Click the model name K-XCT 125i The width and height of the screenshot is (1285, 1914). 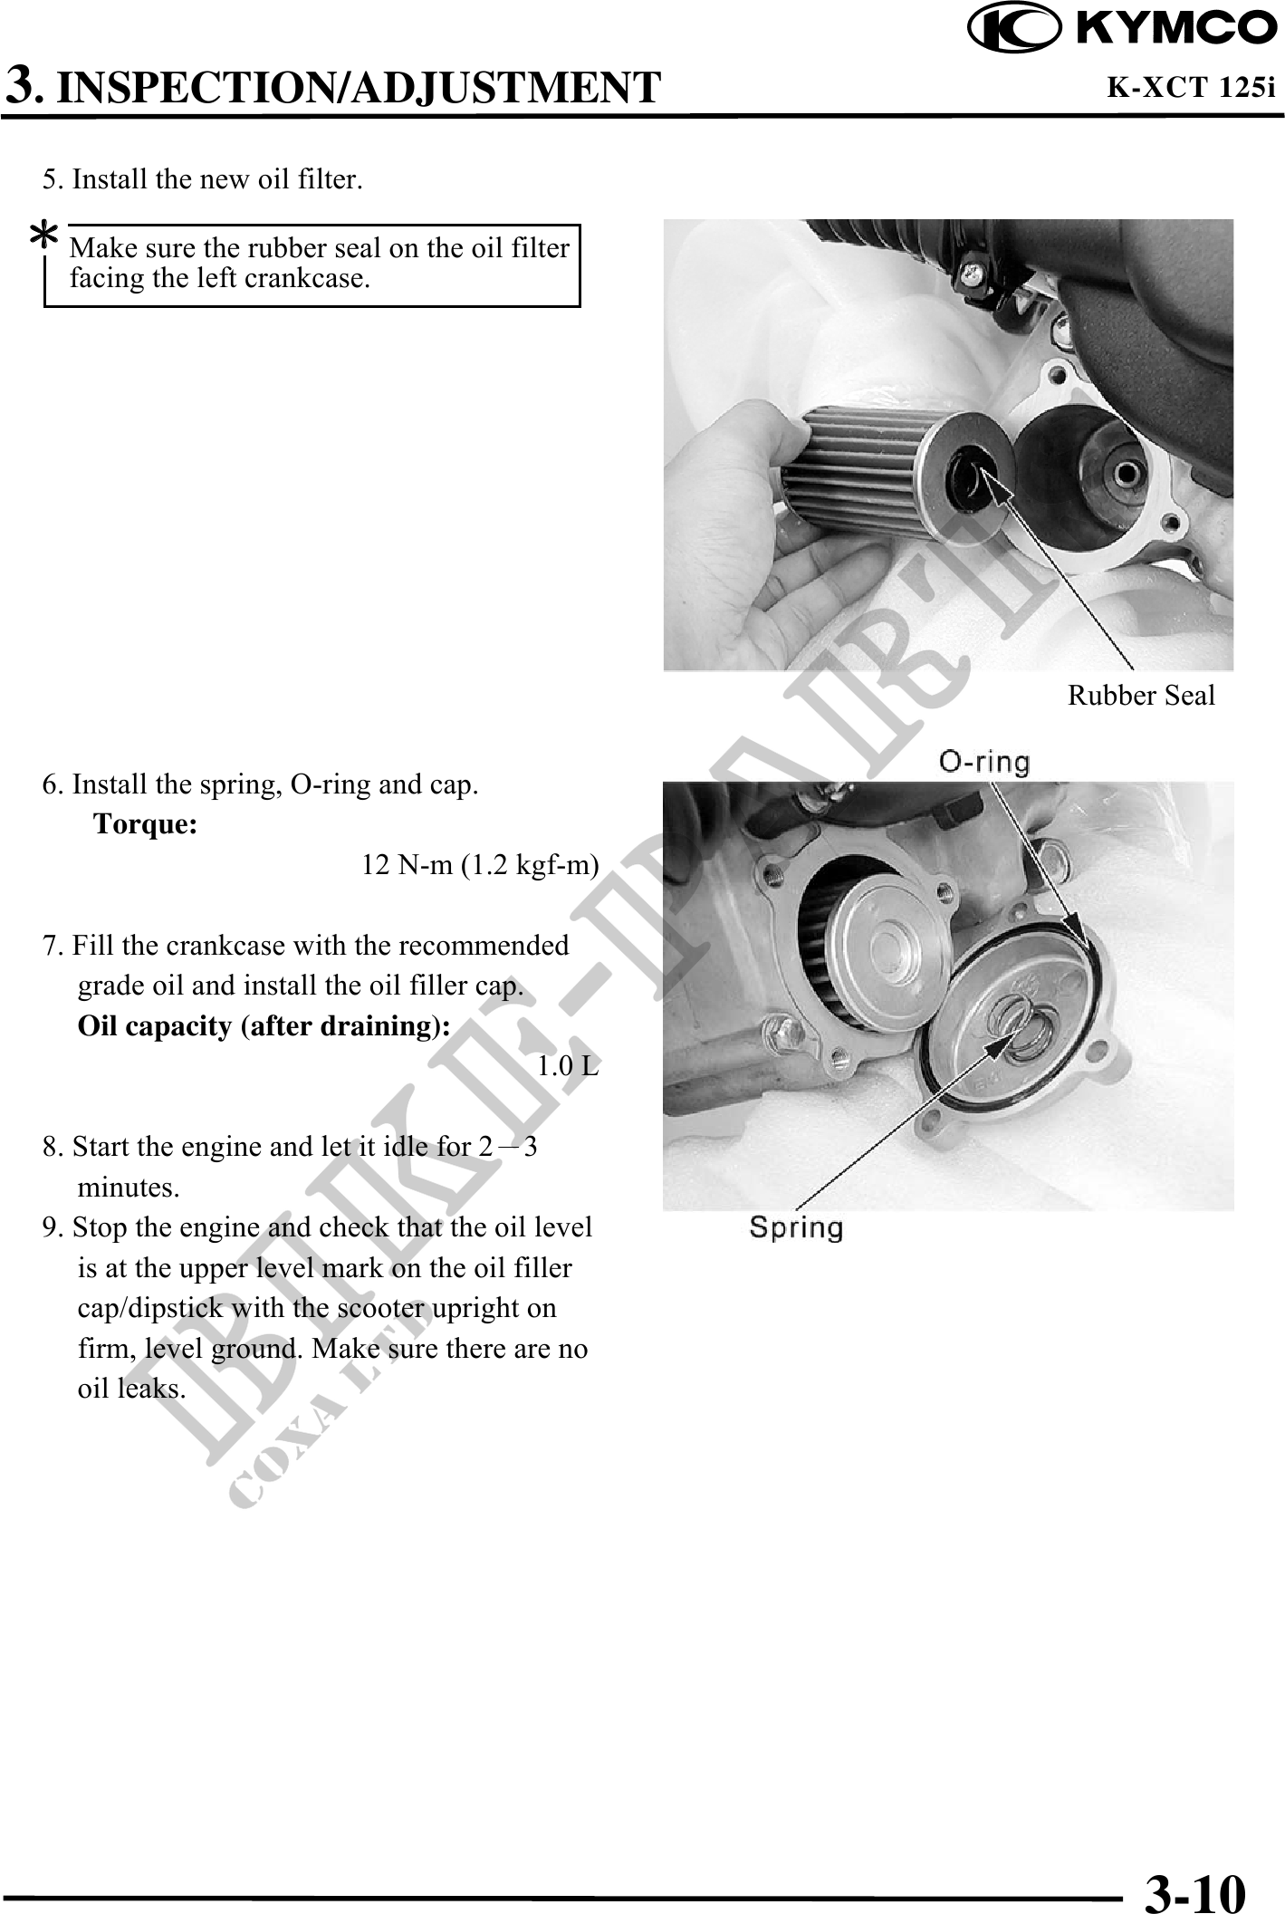coord(1191,88)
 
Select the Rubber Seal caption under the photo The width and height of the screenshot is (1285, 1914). coord(1141,696)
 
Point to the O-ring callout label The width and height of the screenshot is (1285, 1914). coord(984,763)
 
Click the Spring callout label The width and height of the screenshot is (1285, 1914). coord(796,1229)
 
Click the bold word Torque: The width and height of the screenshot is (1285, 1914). coord(146,825)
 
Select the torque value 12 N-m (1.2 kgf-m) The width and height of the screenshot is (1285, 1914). coord(480,866)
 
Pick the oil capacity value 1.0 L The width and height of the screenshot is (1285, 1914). coord(568,1066)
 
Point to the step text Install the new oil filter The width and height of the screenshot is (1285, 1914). coord(217,179)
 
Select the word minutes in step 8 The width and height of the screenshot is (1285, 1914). coord(129,1187)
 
